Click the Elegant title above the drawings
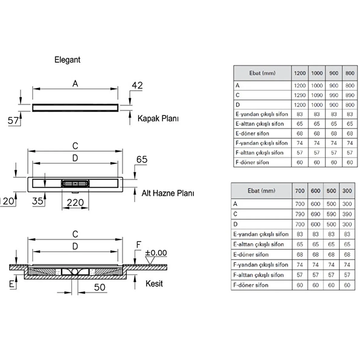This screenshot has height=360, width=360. pyautogui.click(x=67, y=60)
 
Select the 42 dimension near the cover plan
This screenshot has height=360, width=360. pyautogui.click(x=137, y=85)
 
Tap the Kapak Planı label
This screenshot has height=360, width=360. pyautogui.click(x=158, y=118)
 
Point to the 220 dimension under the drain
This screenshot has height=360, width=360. pyautogui.click(x=75, y=202)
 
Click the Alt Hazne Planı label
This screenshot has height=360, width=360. pyautogui.click(x=167, y=193)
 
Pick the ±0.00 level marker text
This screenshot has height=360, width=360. pyautogui.click(x=156, y=253)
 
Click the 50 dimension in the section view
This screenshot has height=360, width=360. pyautogui.click(x=99, y=287)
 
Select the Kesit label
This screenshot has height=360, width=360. pyautogui.click(x=154, y=283)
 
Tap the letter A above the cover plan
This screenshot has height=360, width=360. pyautogui.click(x=75, y=84)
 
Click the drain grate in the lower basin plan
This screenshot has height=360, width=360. pyautogui.click(x=75, y=184)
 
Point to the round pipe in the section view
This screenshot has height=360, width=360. pyautogui.click(x=75, y=272)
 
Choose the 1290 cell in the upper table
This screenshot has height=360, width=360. pyautogui.click(x=300, y=95)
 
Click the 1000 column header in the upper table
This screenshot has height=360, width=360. pyautogui.click(x=317, y=73)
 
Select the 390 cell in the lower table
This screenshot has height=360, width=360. pyautogui.click(x=347, y=214)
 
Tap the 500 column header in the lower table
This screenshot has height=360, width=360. pyautogui.click(x=331, y=191)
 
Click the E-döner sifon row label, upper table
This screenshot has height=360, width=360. pyautogui.click(x=252, y=133)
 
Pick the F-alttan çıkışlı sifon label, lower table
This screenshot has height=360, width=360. pyautogui.click(x=258, y=275)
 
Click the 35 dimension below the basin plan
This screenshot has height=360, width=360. pyautogui.click(x=38, y=201)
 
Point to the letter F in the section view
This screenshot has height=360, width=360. pyautogui.click(x=139, y=245)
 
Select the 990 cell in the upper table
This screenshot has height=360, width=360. pyautogui.click(x=333, y=95)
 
